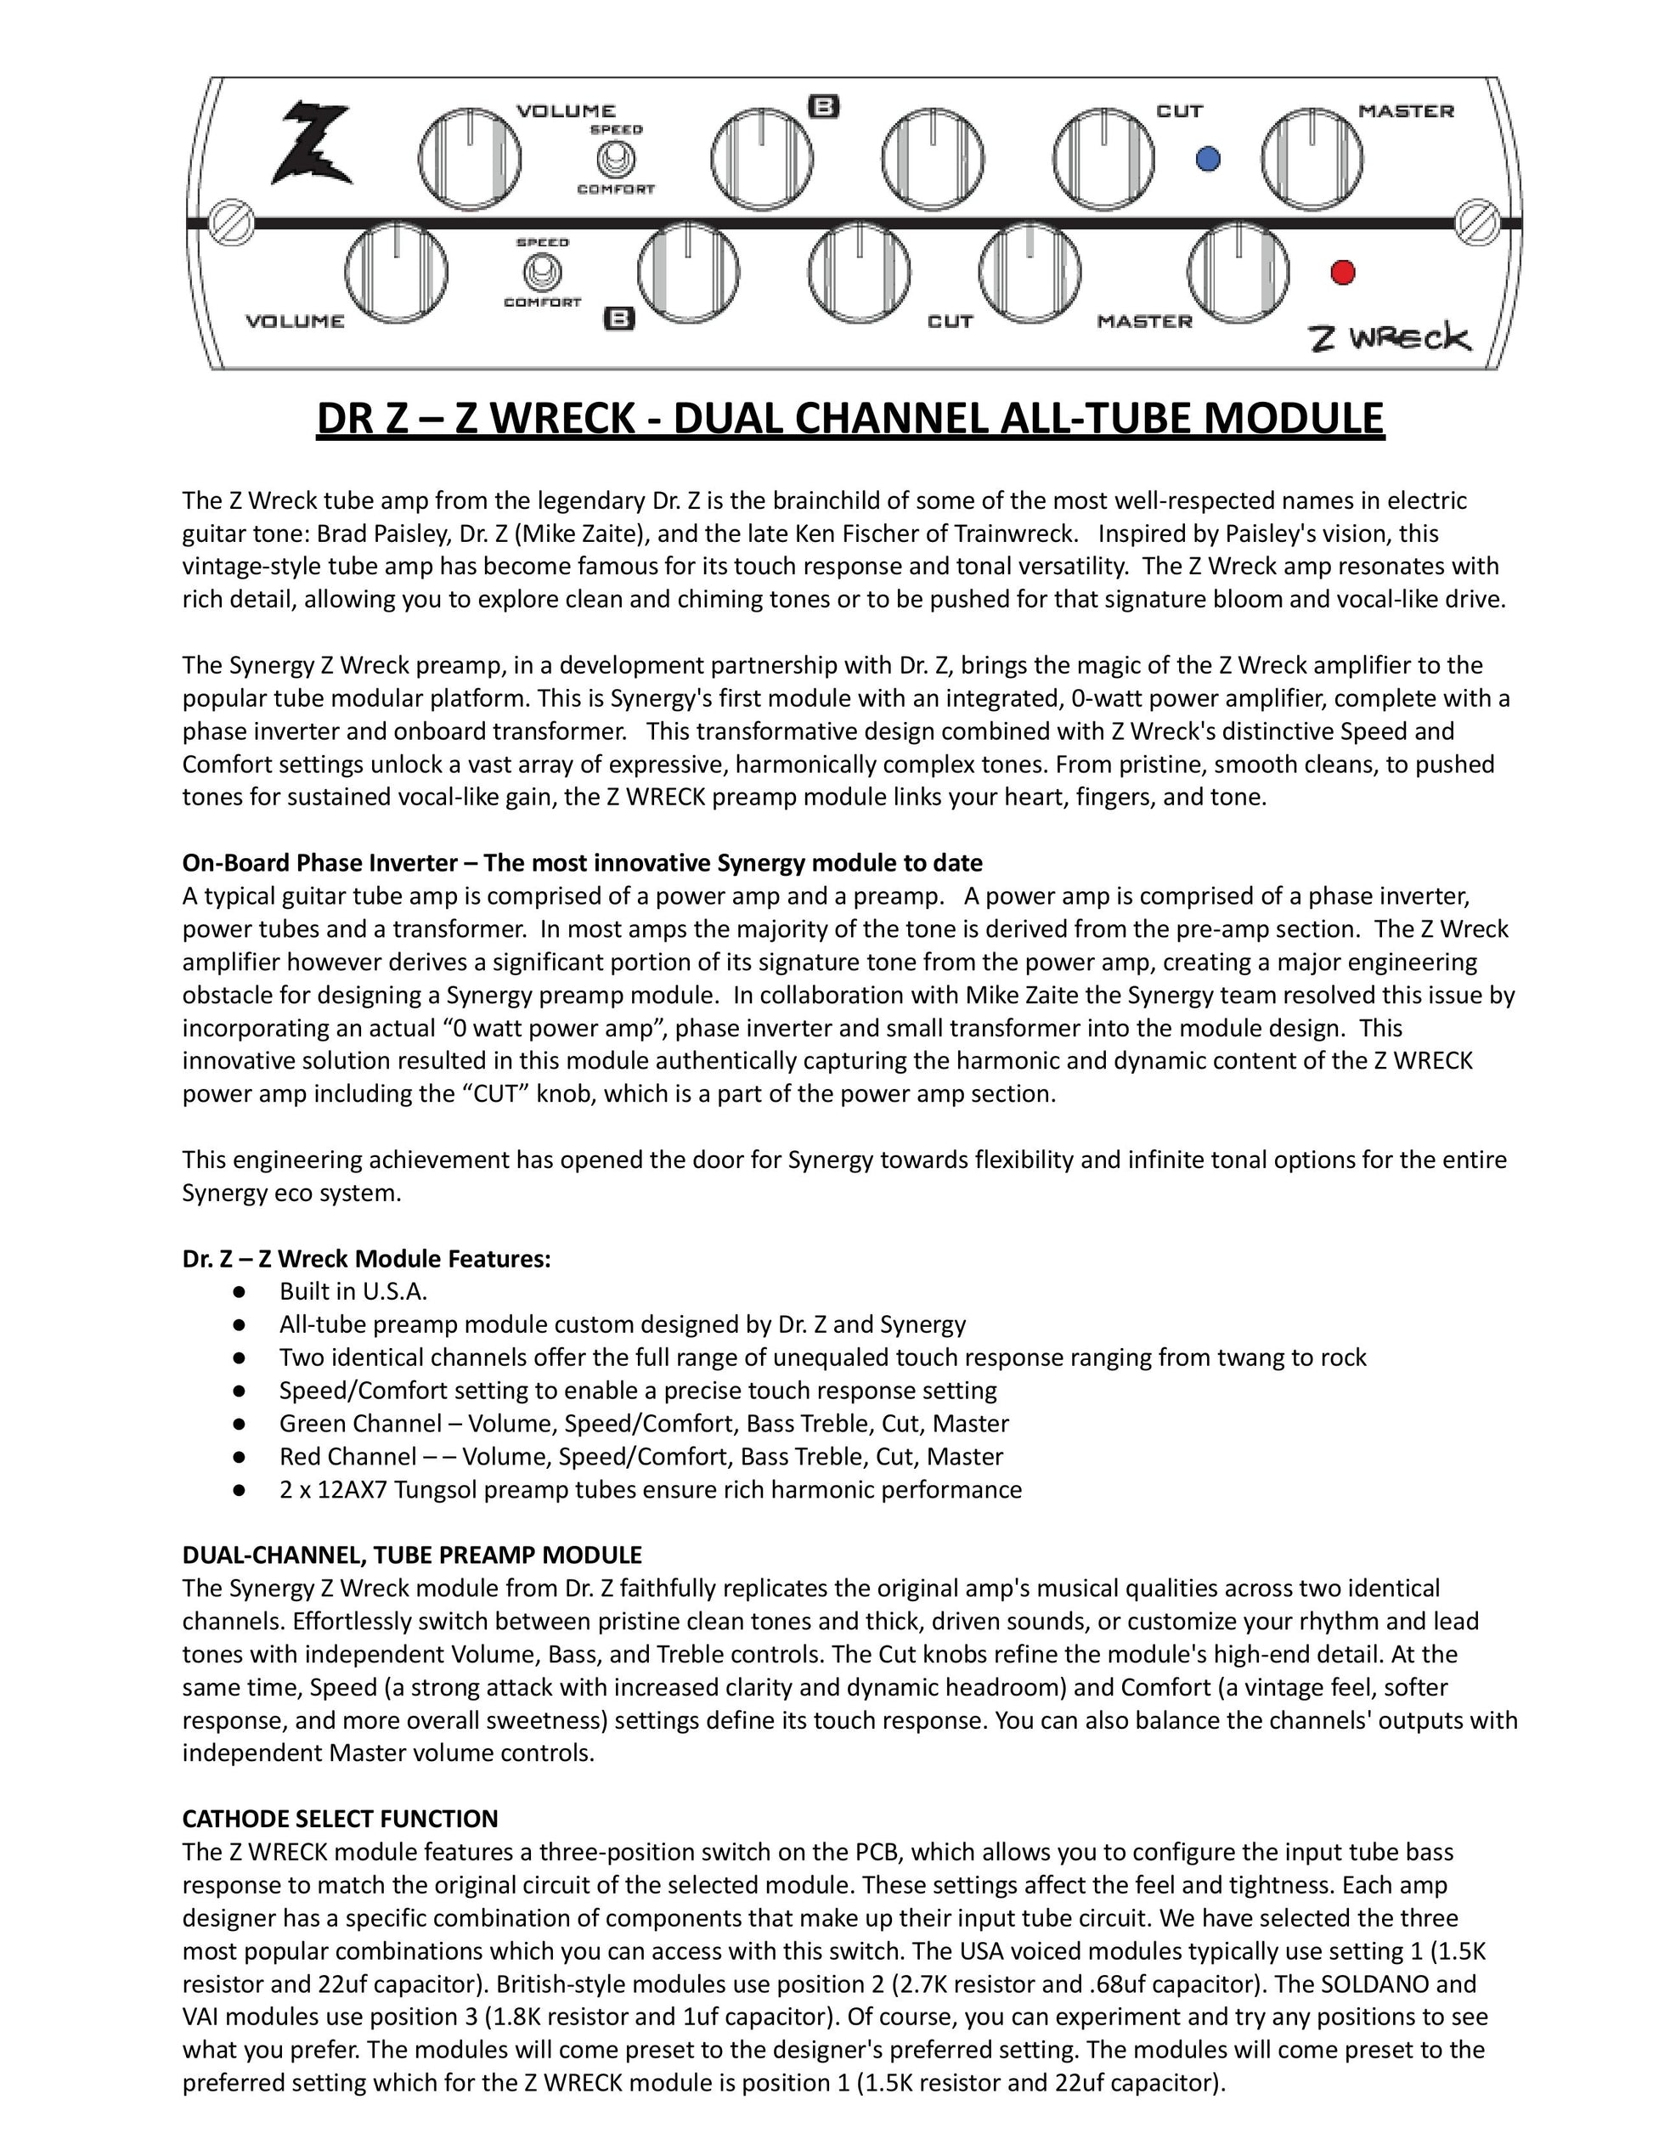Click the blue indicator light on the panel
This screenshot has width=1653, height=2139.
point(1209,158)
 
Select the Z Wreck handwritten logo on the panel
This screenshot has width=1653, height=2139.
point(1390,338)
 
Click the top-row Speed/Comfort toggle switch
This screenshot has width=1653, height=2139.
point(616,159)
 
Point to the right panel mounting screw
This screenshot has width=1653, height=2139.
point(1476,223)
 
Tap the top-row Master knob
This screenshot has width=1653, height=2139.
point(1312,159)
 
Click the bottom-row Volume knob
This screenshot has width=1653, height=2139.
point(397,274)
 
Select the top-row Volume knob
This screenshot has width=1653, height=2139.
point(469,159)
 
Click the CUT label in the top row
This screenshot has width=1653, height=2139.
point(1179,110)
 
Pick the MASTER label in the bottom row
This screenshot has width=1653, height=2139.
point(1144,321)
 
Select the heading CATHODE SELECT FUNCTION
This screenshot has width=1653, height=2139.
point(340,1819)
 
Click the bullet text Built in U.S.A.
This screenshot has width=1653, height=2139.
point(353,1292)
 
